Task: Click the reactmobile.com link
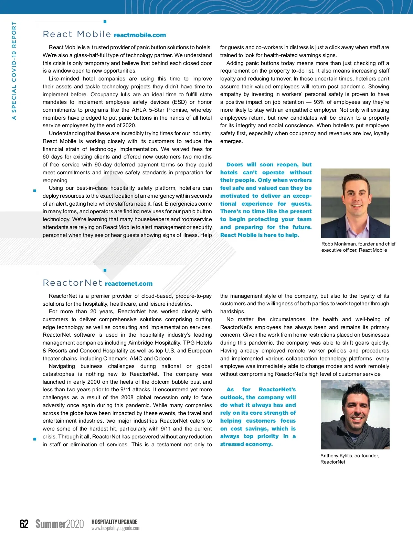[x=140, y=35]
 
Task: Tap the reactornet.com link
[x=128, y=284]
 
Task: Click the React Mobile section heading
[x=77, y=34]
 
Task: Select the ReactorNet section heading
[x=72, y=283]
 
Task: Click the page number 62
[x=24, y=524]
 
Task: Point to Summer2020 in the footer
[x=60, y=524]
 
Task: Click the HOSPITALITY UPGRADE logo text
[x=114, y=522]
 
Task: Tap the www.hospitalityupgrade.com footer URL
[x=116, y=528]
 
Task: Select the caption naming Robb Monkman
[x=358, y=247]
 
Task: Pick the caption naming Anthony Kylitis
[x=349, y=459]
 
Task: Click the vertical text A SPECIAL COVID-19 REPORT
[x=14, y=70]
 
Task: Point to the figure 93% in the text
[x=319, y=102]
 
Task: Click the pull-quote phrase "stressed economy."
[x=246, y=444]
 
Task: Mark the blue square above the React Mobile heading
[x=105, y=22]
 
